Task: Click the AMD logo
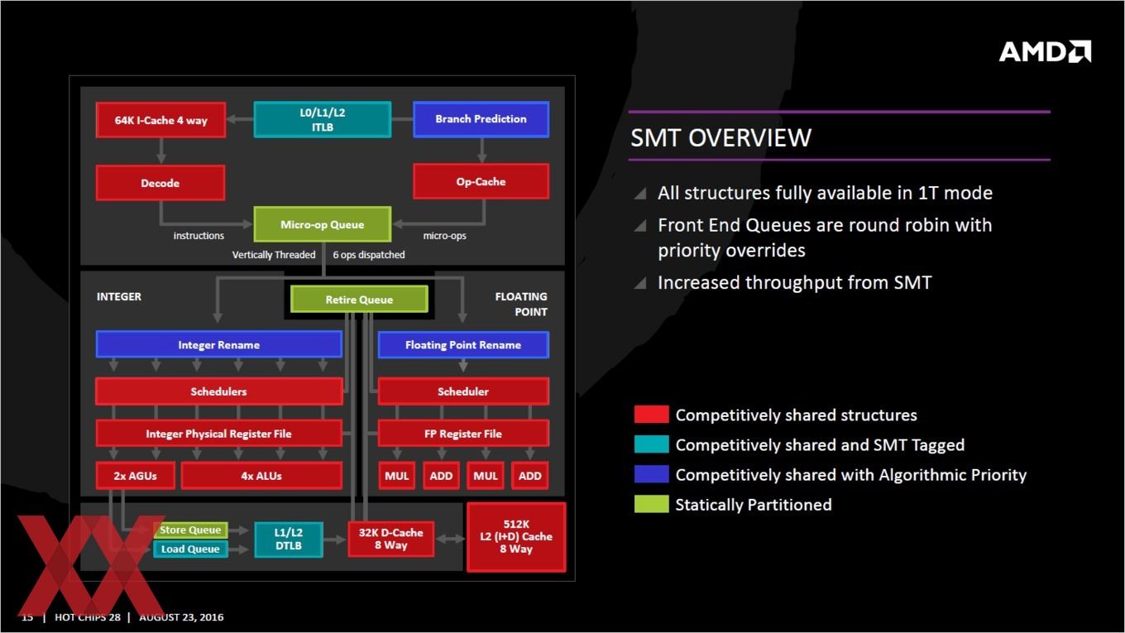point(1045,51)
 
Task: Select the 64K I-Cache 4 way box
point(160,119)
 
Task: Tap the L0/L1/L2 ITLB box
point(323,119)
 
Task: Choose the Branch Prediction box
point(481,119)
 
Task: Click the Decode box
point(160,183)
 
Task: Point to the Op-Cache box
point(481,181)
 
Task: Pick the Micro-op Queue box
point(323,224)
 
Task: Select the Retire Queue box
point(359,300)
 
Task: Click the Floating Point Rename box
point(463,344)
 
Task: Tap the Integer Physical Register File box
point(219,434)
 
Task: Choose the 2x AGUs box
point(135,476)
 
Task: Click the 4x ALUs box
point(261,476)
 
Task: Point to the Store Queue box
point(190,530)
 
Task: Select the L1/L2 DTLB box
point(288,539)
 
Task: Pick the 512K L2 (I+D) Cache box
point(516,537)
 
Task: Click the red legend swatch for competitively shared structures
point(651,415)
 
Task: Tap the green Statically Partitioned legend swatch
point(651,504)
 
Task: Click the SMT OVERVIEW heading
point(720,137)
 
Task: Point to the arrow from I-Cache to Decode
point(160,151)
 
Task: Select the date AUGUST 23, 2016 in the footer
point(181,617)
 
